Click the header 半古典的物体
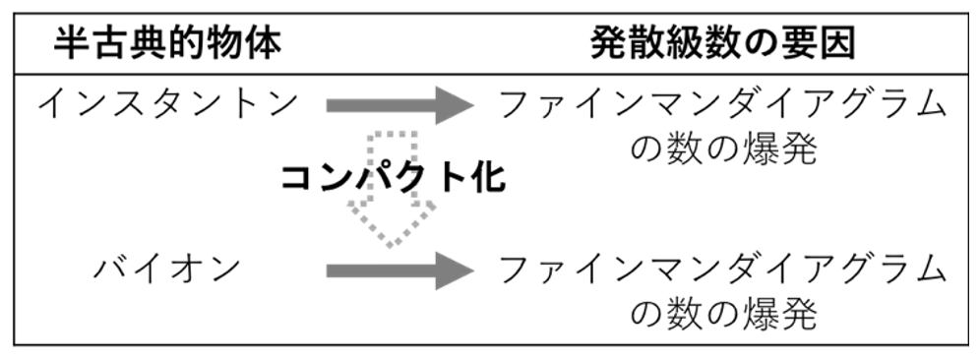167,43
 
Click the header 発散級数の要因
722,43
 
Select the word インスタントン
167,104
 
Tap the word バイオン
167,269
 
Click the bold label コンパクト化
393,178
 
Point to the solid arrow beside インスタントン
400,105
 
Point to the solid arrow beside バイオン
400,270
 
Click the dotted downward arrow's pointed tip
391,246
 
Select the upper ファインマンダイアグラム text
722,104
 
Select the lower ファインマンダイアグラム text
722,269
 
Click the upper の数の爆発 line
723,150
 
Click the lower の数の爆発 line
723,314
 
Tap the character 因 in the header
838,43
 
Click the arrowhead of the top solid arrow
455,105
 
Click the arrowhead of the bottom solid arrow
455,270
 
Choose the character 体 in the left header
265,43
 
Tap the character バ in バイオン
111,269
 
